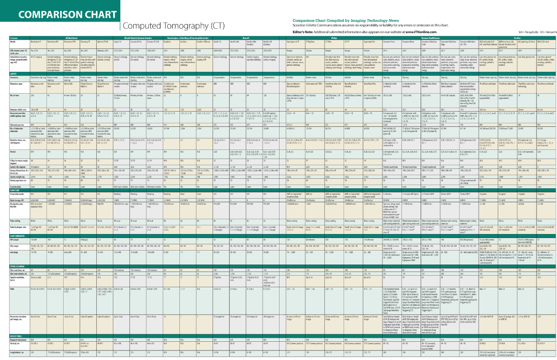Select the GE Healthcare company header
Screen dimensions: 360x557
click(x=71, y=38)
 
